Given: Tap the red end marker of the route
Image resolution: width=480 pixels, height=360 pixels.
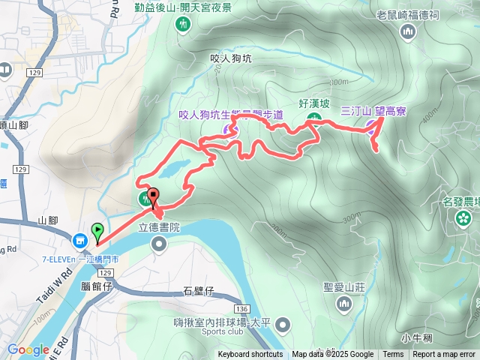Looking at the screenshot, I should [x=154, y=197].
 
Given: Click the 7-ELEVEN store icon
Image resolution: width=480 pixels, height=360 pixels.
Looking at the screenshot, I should [x=79, y=241].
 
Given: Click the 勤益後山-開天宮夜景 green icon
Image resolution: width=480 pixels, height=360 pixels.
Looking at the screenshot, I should [x=180, y=25].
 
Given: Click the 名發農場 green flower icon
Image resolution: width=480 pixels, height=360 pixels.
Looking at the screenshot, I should [x=464, y=218].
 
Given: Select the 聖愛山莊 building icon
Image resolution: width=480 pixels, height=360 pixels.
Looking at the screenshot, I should [x=344, y=303].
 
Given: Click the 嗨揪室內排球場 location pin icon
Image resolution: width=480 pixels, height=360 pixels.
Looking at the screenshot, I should [x=282, y=325].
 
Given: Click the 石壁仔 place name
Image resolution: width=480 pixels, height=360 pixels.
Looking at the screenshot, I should [x=199, y=290].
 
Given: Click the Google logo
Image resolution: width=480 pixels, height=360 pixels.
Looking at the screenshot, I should [x=28, y=349].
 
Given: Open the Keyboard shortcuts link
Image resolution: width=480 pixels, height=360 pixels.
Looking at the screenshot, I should [x=250, y=355].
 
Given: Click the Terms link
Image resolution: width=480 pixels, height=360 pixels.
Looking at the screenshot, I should [x=393, y=355].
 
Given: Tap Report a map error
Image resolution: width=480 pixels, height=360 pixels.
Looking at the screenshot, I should [x=444, y=355].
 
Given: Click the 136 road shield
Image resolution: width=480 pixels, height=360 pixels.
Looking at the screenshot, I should [x=241, y=309].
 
